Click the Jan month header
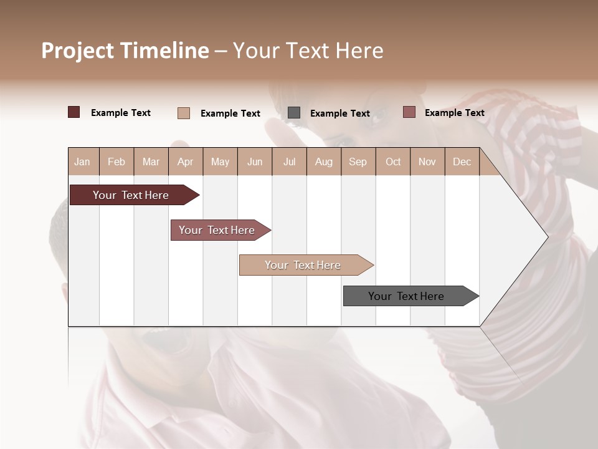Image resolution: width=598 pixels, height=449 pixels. click(83, 162)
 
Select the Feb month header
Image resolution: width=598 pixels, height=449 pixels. click(116, 162)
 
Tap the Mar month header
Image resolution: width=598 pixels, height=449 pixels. click(151, 162)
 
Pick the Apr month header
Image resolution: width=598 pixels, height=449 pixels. click(186, 162)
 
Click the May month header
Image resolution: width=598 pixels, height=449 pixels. click(220, 162)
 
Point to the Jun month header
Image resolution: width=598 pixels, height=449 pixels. click(255, 162)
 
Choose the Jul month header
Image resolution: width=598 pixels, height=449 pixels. click(289, 162)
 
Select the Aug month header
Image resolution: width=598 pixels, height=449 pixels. click(324, 162)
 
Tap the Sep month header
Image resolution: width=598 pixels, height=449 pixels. click(358, 162)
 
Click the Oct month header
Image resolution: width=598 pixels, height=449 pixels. click(393, 162)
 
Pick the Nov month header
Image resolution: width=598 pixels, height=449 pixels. click(427, 162)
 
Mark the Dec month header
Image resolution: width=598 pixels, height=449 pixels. click(462, 162)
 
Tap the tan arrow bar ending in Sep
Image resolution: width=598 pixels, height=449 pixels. click(304, 265)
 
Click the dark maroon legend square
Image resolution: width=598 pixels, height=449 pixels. click(74, 112)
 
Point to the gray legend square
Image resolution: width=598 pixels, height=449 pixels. click(294, 112)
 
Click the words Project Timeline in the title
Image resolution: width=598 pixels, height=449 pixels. click(125, 51)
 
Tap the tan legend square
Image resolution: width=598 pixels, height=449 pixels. click(184, 113)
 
